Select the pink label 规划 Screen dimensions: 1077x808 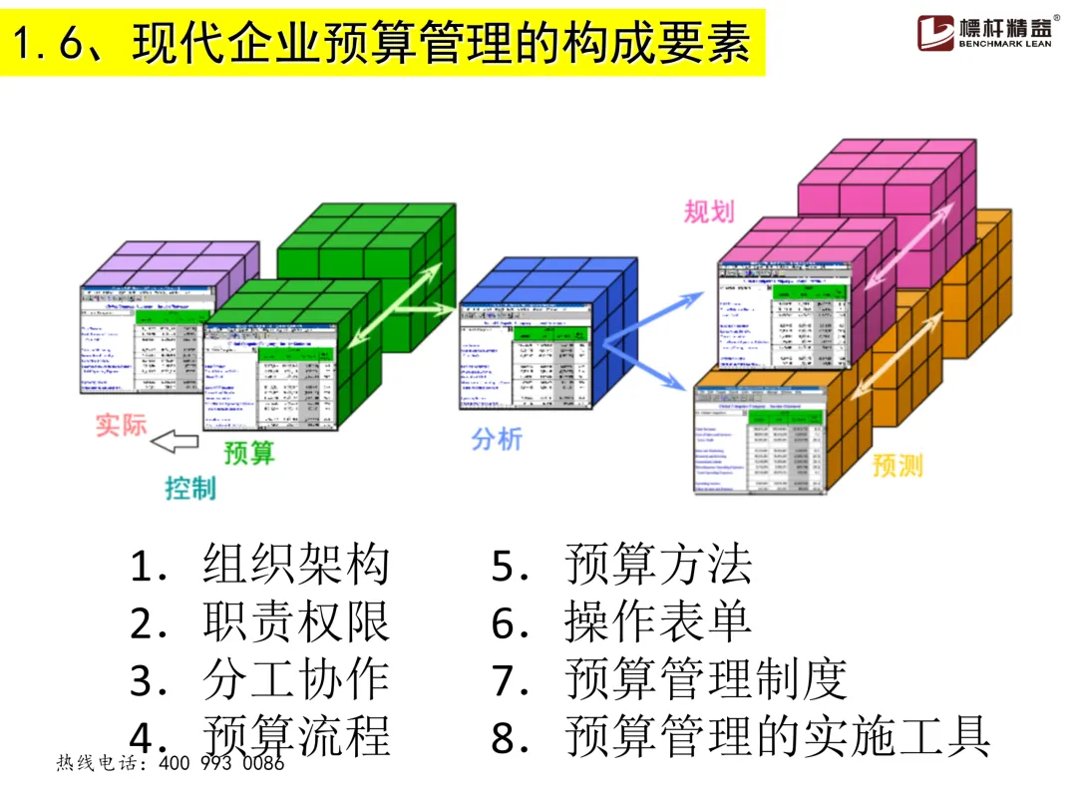click(x=709, y=211)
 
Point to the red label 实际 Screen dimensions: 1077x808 click(x=121, y=424)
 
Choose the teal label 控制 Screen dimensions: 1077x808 click(x=190, y=488)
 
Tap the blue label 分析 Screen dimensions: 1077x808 click(x=496, y=439)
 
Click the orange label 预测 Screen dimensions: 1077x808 click(x=897, y=465)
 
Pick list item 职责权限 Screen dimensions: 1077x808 click(x=295, y=623)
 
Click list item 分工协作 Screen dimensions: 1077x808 click(x=295, y=680)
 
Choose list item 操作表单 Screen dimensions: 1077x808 click(x=658, y=623)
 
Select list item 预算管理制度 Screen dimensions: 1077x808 click(x=706, y=680)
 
